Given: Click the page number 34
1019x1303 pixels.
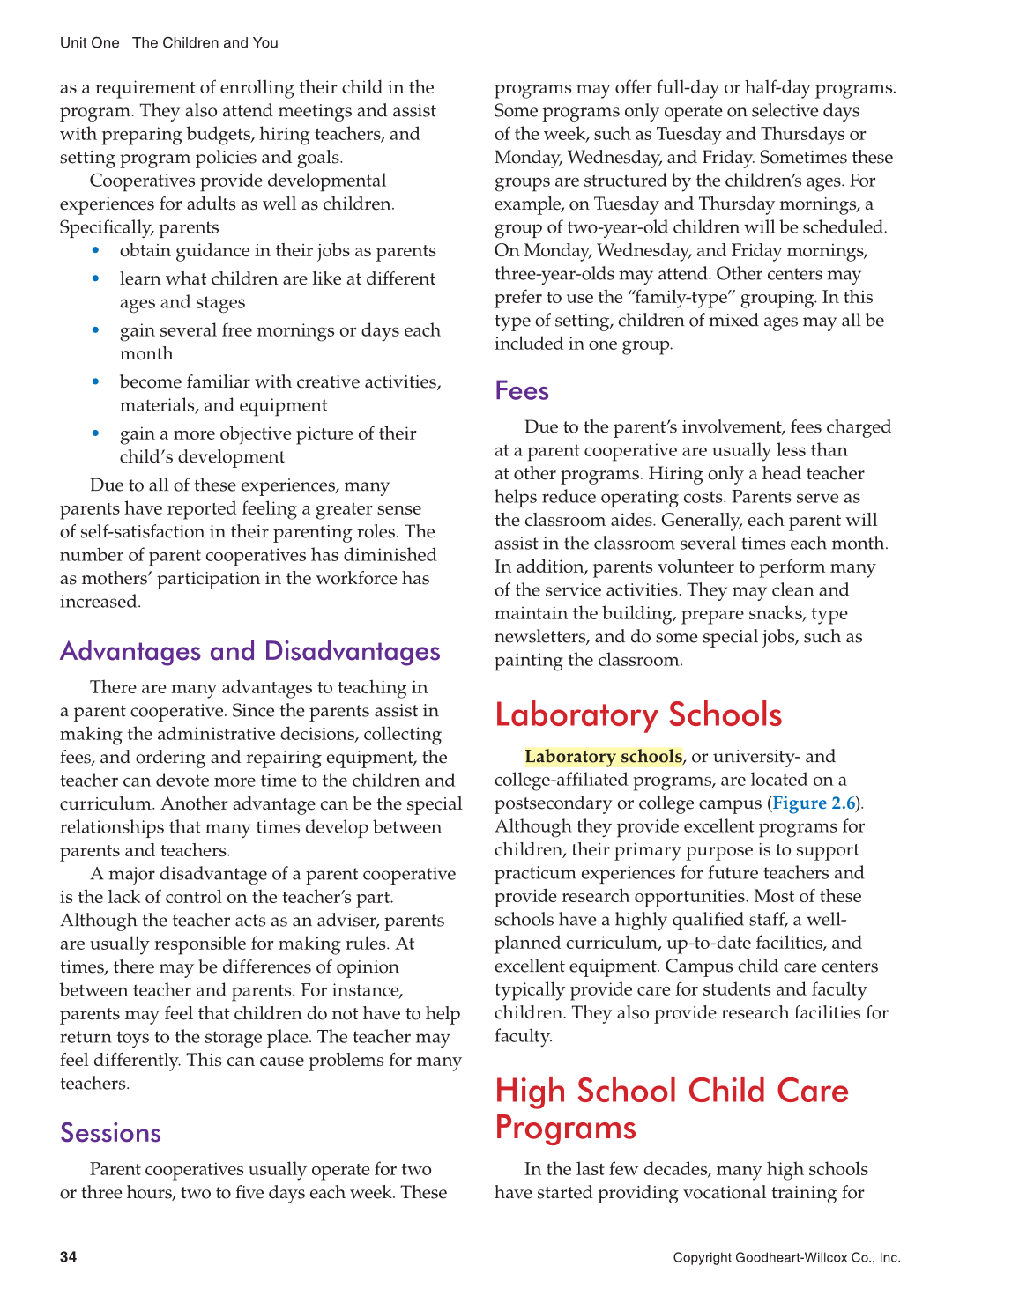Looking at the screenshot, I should point(68,1257).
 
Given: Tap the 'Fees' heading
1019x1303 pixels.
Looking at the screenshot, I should point(522,390).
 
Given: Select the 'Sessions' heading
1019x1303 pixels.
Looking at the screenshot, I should point(110,1132).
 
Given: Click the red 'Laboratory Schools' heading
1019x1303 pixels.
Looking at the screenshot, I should point(638,714).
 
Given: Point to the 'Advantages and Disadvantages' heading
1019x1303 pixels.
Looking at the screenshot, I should point(250,651).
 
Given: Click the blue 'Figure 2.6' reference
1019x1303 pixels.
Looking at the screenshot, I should point(814,803).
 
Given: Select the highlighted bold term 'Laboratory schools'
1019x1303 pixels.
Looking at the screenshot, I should point(603,756).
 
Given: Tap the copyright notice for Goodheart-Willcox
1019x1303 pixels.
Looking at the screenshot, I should point(786,1257).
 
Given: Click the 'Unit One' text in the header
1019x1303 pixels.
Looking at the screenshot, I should point(89,43).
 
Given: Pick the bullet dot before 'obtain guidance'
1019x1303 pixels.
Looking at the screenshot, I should point(96,250).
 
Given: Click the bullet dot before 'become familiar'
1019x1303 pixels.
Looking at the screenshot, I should point(96,381).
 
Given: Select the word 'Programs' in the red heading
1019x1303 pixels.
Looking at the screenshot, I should point(565,1129).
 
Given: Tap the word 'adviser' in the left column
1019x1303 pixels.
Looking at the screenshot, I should point(345,920).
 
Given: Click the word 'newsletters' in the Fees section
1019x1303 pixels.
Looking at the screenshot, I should point(541,636).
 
